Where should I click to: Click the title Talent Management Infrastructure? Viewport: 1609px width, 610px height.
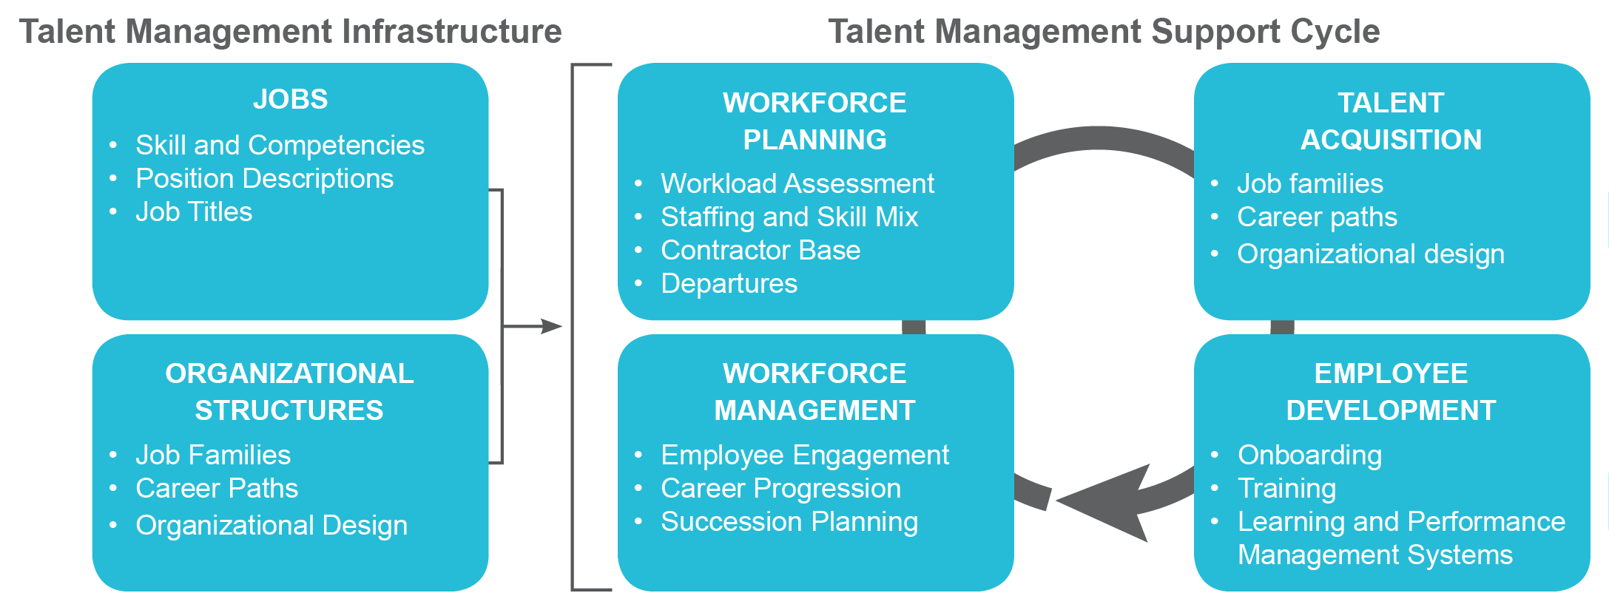pos(290,32)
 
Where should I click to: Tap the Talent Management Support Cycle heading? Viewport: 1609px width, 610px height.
pos(1104,32)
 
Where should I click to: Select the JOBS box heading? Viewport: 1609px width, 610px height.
pos(290,99)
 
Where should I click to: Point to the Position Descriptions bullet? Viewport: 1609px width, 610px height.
pos(264,179)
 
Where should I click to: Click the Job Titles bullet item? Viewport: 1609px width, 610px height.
pos(194,212)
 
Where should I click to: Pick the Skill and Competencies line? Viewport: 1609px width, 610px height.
pos(280,146)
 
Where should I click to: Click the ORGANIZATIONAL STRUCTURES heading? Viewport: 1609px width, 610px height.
pos(289,391)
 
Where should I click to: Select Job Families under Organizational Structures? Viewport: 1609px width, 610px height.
pos(213,455)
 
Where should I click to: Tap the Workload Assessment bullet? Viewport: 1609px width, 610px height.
pos(797,183)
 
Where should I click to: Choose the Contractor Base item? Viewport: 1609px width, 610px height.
pos(760,251)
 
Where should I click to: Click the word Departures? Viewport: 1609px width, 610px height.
pos(729,284)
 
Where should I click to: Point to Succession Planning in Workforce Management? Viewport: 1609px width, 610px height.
pos(789,522)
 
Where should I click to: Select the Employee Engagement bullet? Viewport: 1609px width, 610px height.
pos(805,455)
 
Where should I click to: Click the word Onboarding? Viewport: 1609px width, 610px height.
pos(1309,455)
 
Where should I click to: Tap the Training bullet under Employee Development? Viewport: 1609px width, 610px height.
pos(1286,489)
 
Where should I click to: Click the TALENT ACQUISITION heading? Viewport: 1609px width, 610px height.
pos(1391,121)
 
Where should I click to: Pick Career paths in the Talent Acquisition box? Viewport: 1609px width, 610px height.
pos(1317,217)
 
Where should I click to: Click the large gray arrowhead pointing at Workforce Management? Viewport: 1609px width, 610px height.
pos(1110,503)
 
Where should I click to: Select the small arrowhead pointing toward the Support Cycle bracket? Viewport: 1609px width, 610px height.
pos(551,326)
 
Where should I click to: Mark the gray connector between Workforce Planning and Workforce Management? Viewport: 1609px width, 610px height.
pos(914,328)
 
